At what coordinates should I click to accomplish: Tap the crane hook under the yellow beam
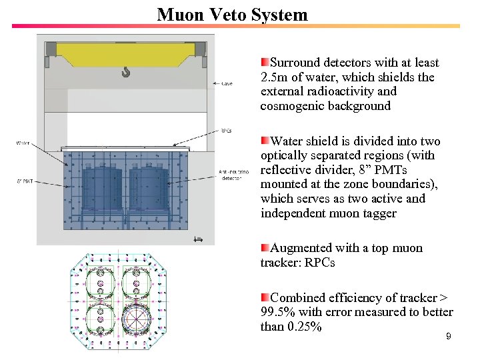(x=126, y=71)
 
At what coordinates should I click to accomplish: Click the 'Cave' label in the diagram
(x=227, y=84)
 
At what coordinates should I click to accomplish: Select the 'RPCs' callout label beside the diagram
(x=227, y=131)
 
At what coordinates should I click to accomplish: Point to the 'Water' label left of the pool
(x=23, y=142)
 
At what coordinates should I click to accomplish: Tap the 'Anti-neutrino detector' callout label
(x=230, y=175)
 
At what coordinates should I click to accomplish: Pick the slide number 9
(x=448, y=337)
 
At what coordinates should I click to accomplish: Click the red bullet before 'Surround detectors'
(x=265, y=62)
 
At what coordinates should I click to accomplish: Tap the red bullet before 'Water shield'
(x=265, y=141)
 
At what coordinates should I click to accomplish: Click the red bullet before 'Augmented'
(x=265, y=247)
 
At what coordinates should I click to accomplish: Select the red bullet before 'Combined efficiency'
(x=265, y=297)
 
